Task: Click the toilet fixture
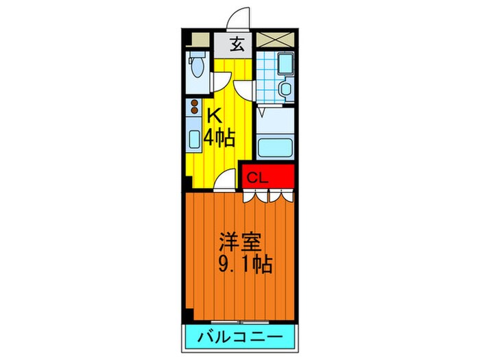point(198,68)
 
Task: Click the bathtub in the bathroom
point(275,147)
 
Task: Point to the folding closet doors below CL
point(268,195)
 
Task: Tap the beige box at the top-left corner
point(199,40)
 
